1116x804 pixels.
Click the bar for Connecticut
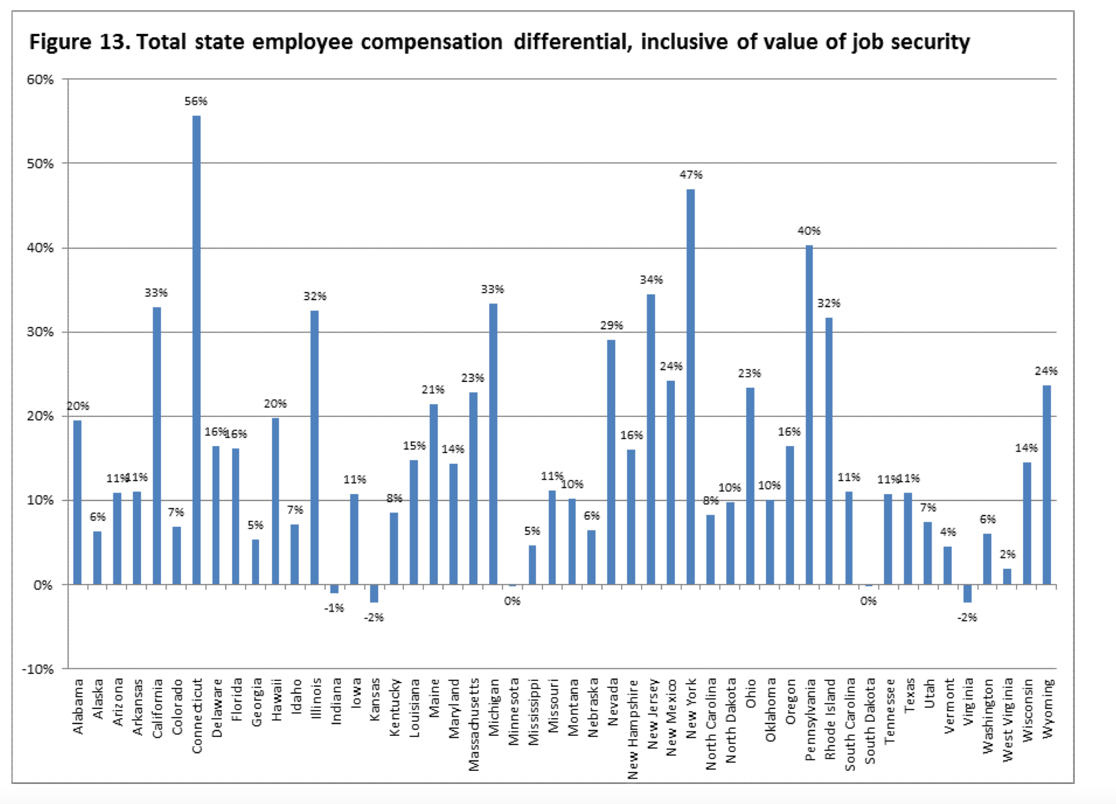197,349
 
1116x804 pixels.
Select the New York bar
691,387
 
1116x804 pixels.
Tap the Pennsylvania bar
809,415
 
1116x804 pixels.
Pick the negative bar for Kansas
374,593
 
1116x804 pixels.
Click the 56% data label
196,101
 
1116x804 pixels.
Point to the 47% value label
691,175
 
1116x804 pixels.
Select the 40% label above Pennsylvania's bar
809,231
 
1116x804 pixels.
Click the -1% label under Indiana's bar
334,608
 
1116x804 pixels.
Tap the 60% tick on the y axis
40,80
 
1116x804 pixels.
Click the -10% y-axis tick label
38,669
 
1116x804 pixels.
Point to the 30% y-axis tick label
40,332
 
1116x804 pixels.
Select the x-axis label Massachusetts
474,724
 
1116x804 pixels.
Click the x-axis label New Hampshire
632,729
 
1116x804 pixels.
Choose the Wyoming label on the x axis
1047,708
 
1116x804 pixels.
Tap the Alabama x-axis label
78,706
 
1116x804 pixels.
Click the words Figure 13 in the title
79,42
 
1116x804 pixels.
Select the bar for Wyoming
1047,484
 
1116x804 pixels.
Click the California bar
157,446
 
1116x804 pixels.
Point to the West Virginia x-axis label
1008,720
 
